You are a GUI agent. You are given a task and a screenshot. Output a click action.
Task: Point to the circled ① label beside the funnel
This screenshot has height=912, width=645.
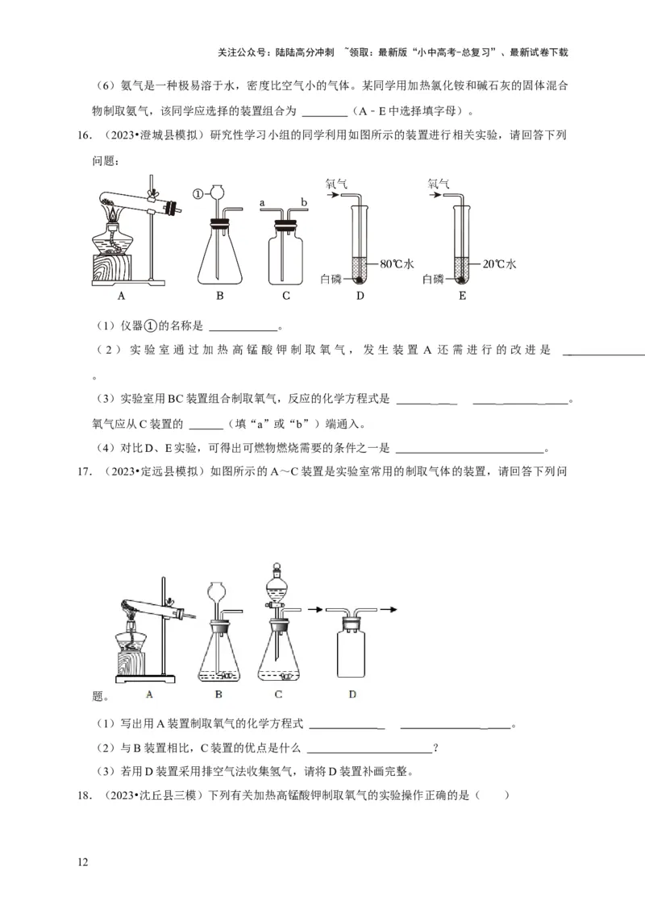point(198,193)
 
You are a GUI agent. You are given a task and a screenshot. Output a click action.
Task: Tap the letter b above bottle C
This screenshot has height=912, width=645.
point(304,202)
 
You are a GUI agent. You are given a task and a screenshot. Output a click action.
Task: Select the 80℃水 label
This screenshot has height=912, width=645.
point(396,263)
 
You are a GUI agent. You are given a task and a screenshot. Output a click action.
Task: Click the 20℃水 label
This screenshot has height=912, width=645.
point(499,263)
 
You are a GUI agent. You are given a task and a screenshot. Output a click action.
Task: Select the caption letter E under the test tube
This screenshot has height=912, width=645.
point(462,296)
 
